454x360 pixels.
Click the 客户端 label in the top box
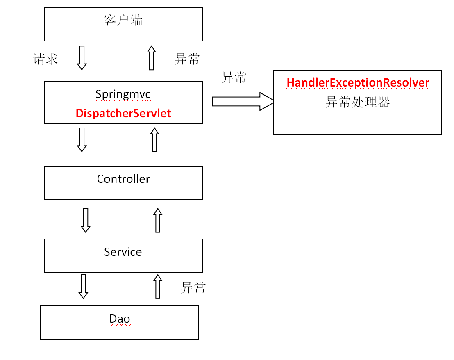point(123,20)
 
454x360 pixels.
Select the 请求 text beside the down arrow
point(46,59)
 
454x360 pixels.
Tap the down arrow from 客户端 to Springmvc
point(82,58)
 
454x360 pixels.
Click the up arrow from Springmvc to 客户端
point(152,58)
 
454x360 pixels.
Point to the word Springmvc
point(123,94)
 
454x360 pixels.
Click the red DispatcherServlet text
point(123,113)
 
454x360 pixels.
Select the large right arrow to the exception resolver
point(243,101)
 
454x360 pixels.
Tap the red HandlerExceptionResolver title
point(358,82)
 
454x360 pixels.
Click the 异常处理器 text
point(358,102)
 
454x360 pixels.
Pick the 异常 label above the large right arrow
point(234,77)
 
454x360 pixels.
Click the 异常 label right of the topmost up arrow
point(187,59)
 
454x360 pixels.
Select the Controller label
point(123,179)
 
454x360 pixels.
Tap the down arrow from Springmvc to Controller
point(82,139)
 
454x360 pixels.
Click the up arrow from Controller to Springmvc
point(154,139)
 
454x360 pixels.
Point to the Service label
point(123,252)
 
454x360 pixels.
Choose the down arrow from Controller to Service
point(86,220)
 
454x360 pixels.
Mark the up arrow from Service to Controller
point(158,220)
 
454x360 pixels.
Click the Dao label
point(120,319)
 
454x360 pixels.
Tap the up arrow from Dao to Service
point(158,286)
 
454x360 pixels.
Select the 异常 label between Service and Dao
point(193,287)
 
